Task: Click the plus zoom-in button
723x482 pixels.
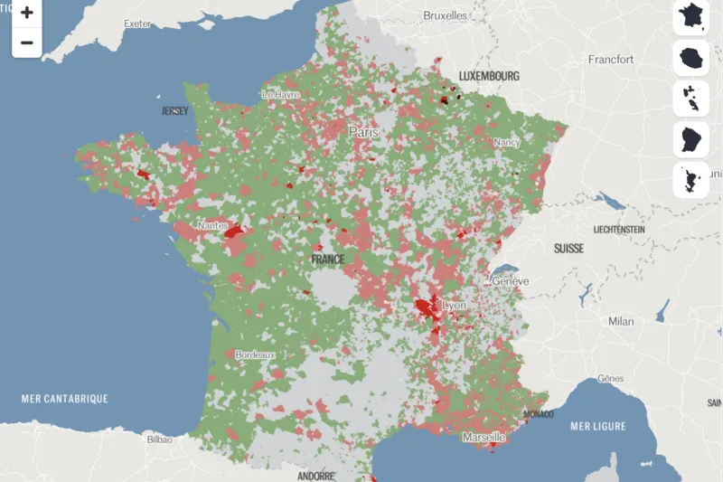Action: pos(26,13)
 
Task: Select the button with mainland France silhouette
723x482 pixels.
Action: pos(691,16)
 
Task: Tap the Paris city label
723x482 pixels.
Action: pos(364,132)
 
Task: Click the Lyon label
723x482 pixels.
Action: pos(454,306)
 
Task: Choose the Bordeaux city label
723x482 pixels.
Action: pos(255,355)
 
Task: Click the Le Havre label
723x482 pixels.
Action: pos(280,94)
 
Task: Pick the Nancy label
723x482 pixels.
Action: pos(507,142)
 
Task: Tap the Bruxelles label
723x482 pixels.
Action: pos(446,15)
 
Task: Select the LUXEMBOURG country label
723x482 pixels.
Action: pos(489,76)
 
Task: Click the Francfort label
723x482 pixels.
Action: pos(612,60)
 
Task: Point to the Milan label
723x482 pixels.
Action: pos(621,321)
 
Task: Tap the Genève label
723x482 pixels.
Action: pos(511,281)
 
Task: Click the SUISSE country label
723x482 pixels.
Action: pos(568,248)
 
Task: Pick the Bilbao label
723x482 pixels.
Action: pos(160,439)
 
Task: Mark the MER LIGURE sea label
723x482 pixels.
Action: pos(598,426)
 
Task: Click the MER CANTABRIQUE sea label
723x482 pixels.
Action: pos(65,398)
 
